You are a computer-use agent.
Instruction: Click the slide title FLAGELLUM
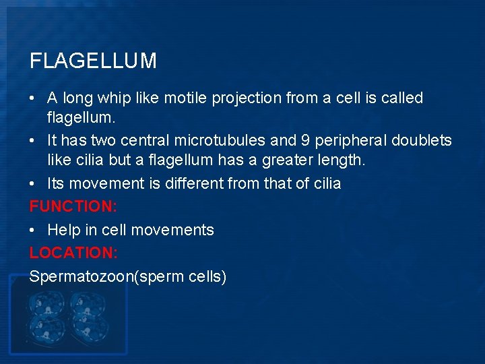[x=93, y=61]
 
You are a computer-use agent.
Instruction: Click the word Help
[x=63, y=230]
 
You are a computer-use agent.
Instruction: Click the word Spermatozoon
[x=82, y=276]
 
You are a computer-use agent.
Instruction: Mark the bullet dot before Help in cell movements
[x=33, y=230]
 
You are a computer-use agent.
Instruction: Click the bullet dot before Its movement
[x=33, y=183]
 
